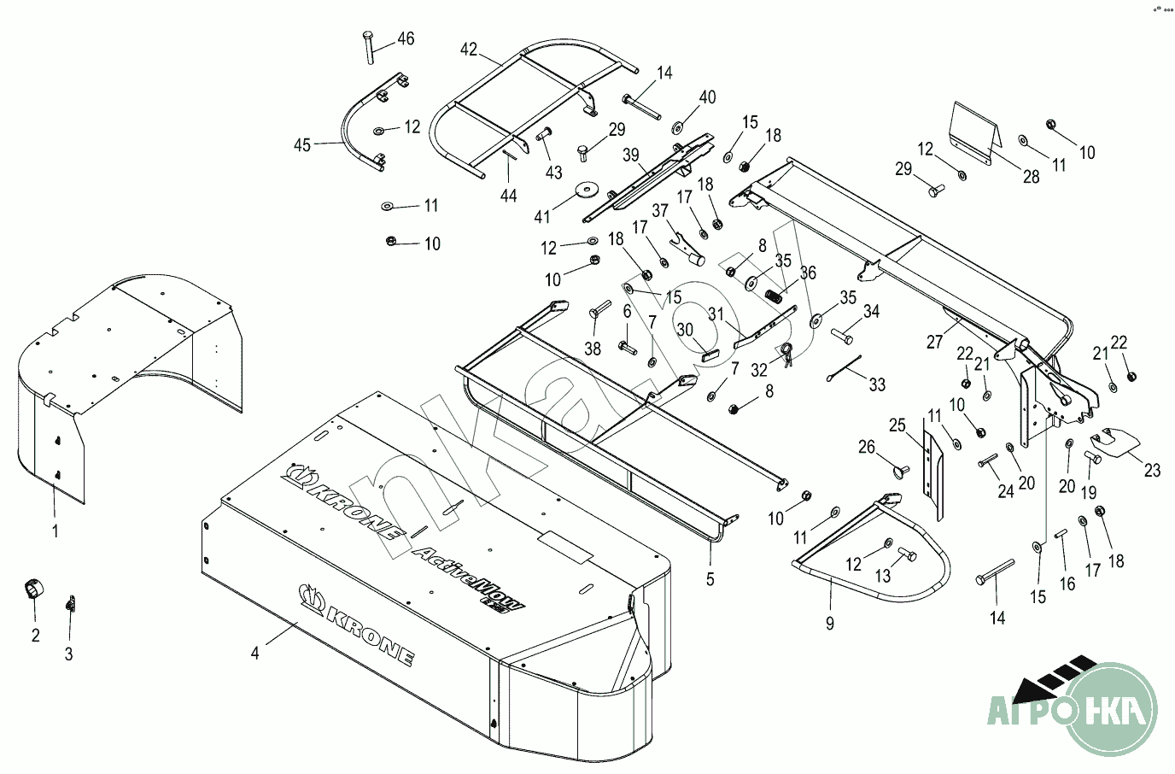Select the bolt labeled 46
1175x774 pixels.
pyautogui.click(x=369, y=46)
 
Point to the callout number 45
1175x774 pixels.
pyautogui.click(x=302, y=145)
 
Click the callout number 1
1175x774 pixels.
pyautogui.click(x=56, y=531)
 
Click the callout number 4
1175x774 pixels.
pyautogui.click(x=254, y=654)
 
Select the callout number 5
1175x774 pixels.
pyautogui.click(x=710, y=578)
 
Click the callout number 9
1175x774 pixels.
pyautogui.click(x=829, y=624)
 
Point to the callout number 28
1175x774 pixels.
pyautogui.click(x=1032, y=177)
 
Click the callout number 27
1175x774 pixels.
pyautogui.click(x=935, y=343)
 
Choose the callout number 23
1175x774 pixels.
pyautogui.click(x=1153, y=469)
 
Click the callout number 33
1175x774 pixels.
pyautogui.click(x=877, y=384)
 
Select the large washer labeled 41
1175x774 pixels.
pyautogui.click(x=586, y=188)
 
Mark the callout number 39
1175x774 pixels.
pyautogui.click(x=631, y=155)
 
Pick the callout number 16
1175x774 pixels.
pyautogui.click(x=1067, y=584)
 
